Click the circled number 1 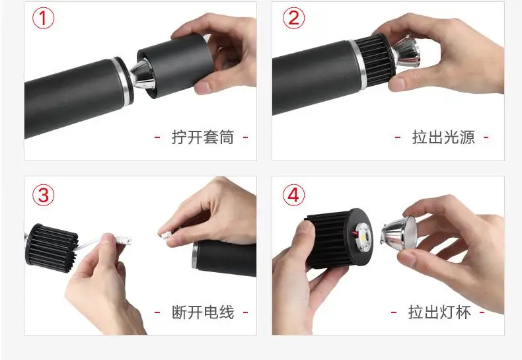coord(44,18)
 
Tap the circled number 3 coord(44,195)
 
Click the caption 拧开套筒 coord(202,137)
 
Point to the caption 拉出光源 coord(443,137)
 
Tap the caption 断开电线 coord(202,312)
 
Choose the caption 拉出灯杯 coord(439,312)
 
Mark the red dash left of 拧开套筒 coord(157,137)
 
